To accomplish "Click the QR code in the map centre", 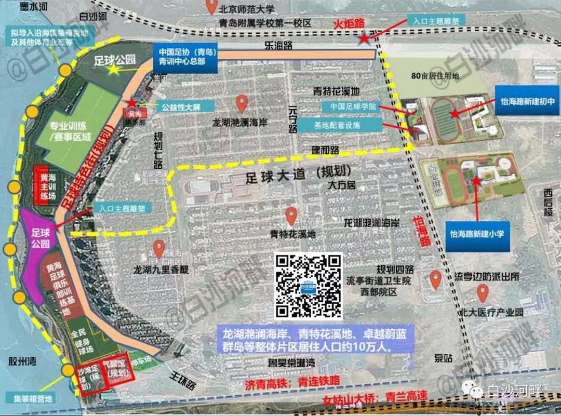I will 309,286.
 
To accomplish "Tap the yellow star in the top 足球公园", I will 113,69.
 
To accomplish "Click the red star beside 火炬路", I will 365,38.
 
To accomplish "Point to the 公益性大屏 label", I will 180,106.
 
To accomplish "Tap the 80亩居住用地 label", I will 435,75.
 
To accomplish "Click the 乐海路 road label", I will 278,46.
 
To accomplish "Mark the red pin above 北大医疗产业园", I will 483,294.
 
